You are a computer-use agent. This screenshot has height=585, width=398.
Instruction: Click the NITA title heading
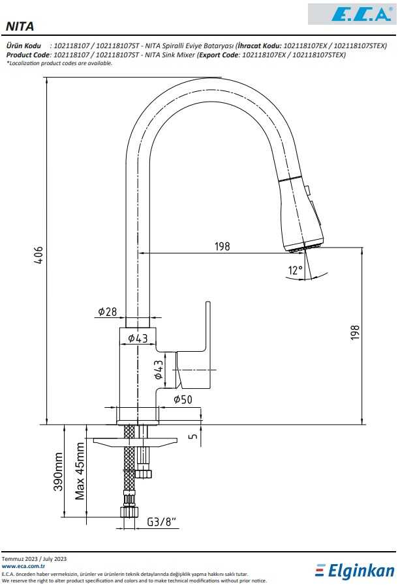tap(20, 27)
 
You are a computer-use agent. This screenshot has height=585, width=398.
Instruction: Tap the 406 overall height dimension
tap(38, 255)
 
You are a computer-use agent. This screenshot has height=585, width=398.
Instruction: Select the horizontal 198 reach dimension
tap(222, 247)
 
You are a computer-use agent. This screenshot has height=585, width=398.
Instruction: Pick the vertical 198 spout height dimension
tap(355, 332)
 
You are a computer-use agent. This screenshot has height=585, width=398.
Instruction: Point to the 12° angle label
tap(295, 270)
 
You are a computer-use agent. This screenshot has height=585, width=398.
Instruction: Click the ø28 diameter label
tap(108, 311)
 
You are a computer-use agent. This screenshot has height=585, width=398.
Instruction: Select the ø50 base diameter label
tap(183, 399)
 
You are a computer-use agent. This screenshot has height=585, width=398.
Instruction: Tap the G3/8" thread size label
tap(161, 521)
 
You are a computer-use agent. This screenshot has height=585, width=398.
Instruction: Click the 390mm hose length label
tap(58, 472)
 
